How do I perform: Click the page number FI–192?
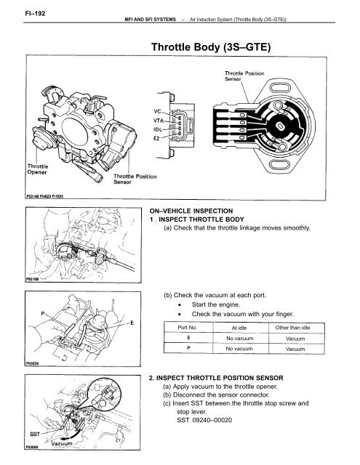pyautogui.click(x=35, y=13)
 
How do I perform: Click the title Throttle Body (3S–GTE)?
pyautogui.click(x=211, y=47)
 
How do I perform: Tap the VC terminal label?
pyautogui.click(x=157, y=111)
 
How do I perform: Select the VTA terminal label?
pyautogui.click(x=159, y=121)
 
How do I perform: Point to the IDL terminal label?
pyautogui.click(x=158, y=129)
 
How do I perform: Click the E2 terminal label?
pyautogui.click(x=156, y=138)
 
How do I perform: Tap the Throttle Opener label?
pyautogui.click(x=37, y=169)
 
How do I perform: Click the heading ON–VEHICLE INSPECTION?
pyautogui.click(x=191, y=211)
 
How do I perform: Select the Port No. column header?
pyautogui.click(x=187, y=328)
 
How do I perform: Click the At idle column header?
pyautogui.click(x=239, y=328)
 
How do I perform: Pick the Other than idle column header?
pyautogui.click(x=292, y=328)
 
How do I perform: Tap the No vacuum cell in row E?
pyautogui.click(x=239, y=339)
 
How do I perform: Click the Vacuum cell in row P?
pyautogui.click(x=295, y=349)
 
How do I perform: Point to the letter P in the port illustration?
pyautogui.click(x=43, y=313)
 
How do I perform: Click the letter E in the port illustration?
pyautogui.click(x=132, y=323)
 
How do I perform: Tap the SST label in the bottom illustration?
pyautogui.click(x=35, y=434)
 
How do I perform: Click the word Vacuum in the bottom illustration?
pyautogui.click(x=62, y=444)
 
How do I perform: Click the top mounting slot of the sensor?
pyautogui.click(x=281, y=87)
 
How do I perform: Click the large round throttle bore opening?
pyautogui.click(x=75, y=132)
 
